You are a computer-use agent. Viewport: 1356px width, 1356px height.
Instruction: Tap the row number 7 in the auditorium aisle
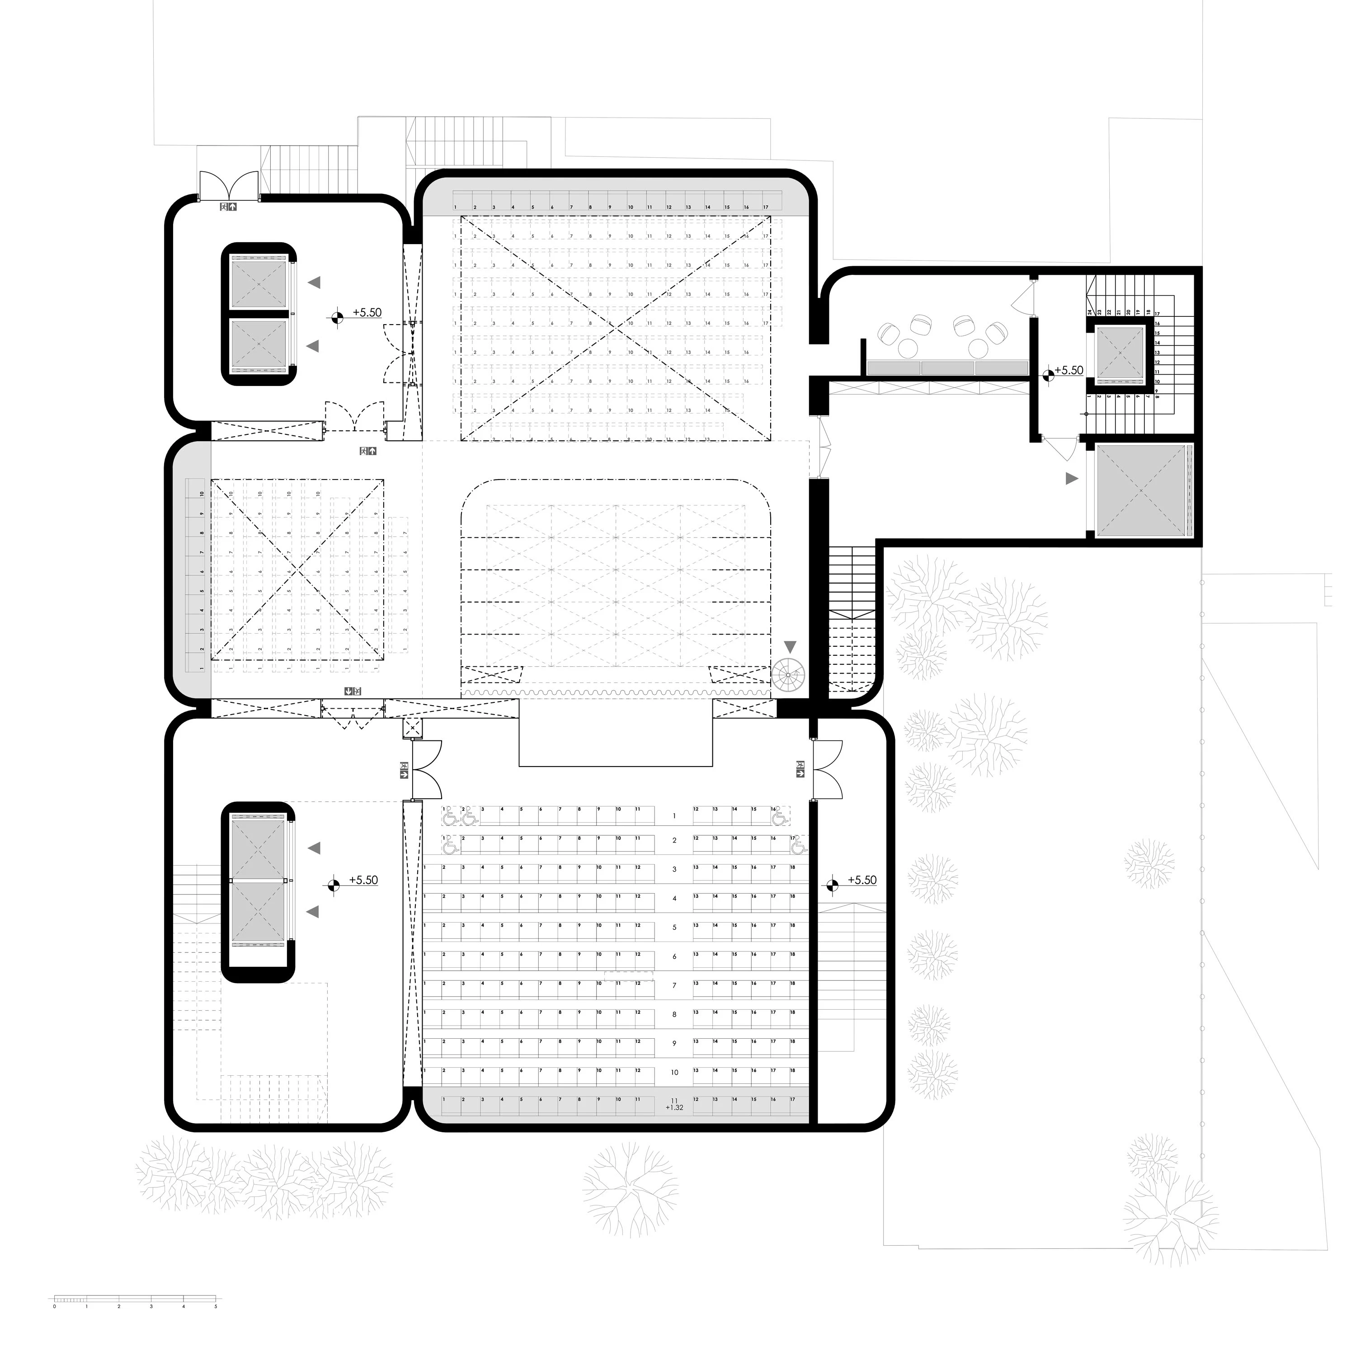674,985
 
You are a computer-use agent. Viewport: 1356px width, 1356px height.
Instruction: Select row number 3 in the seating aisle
674,870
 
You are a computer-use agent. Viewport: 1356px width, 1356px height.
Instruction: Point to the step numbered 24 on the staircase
1089,312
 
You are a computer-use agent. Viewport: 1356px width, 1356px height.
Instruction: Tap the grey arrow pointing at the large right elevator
1071,479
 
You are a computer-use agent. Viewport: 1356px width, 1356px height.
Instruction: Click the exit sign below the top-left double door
229,207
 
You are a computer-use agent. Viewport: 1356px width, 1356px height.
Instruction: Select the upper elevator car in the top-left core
259,283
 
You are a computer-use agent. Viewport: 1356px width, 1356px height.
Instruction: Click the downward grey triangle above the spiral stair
791,646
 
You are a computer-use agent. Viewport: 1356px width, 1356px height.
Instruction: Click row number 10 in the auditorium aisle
674,1073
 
